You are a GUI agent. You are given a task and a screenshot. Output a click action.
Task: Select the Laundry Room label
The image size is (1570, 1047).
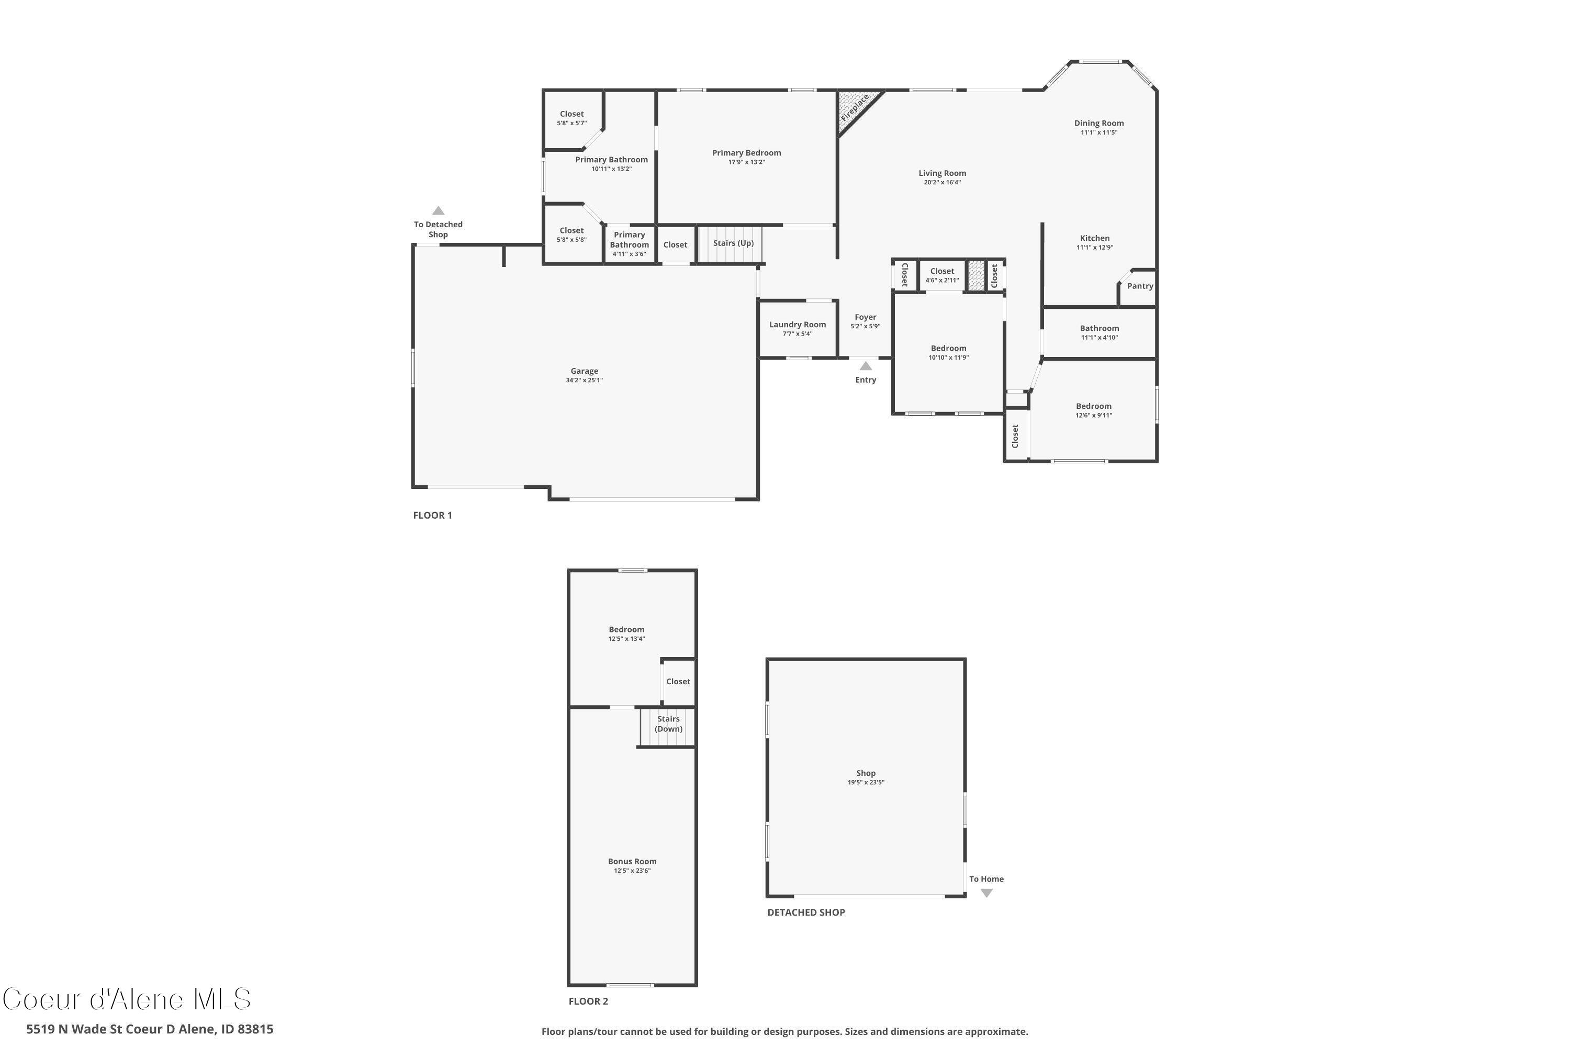(797, 325)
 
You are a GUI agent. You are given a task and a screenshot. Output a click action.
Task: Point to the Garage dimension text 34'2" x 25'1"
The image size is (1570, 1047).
(584, 381)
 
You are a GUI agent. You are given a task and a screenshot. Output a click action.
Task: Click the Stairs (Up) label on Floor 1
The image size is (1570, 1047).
(733, 243)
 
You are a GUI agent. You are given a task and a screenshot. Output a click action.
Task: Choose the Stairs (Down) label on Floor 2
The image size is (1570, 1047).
(668, 724)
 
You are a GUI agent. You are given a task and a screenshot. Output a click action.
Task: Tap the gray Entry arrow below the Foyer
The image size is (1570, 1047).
(865, 366)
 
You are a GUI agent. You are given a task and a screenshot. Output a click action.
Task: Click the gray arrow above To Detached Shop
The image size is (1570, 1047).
(438, 211)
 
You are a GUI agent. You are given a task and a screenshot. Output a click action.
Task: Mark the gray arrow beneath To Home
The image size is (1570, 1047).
(986, 893)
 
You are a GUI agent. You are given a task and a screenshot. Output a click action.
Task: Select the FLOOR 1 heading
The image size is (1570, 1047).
(433, 516)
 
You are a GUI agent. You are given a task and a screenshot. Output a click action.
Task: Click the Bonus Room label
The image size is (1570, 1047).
(632, 861)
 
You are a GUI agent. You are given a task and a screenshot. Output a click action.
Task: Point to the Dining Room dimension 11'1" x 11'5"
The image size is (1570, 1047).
(1098, 133)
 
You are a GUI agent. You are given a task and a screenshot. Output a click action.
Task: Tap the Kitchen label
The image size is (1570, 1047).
(1095, 238)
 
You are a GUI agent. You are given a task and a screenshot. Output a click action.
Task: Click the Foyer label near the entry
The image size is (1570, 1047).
(865, 317)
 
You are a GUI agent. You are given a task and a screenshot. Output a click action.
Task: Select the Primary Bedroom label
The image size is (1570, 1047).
(746, 153)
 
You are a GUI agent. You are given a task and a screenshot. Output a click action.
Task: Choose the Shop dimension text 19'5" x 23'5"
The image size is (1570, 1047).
(866, 783)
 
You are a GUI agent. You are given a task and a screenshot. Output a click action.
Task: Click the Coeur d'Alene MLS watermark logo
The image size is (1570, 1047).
(127, 999)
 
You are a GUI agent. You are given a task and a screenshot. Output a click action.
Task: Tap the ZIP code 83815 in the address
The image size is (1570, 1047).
(255, 1029)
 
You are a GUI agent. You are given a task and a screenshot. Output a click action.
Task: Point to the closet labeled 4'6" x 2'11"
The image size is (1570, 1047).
(942, 281)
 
